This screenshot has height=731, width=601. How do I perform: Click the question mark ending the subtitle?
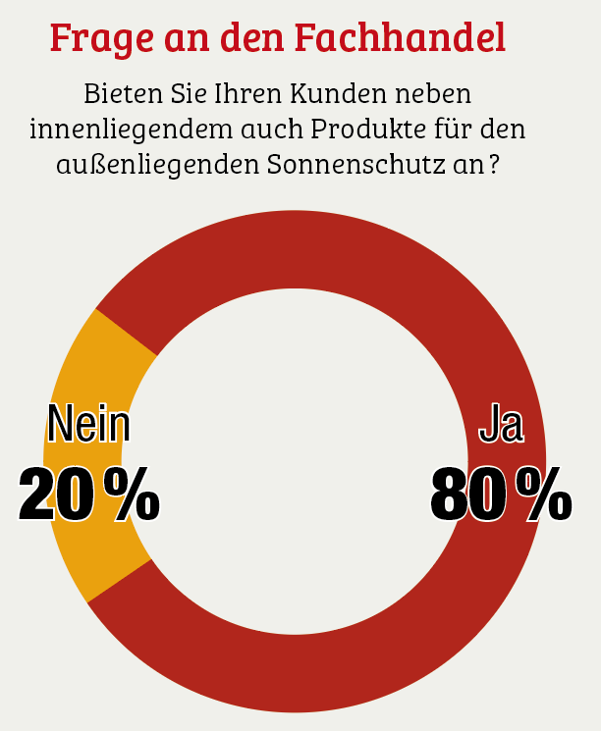(490, 163)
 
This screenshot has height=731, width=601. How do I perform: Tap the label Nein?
(88, 425)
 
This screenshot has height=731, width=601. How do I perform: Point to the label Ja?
(501, 425)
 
